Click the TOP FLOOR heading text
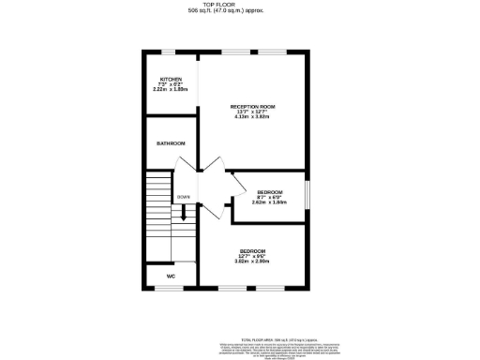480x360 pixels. tap(240, 5)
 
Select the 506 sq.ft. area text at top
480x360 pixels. tap(240, 11)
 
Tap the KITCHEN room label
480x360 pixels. tap(171, 80)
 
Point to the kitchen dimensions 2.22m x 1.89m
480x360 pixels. tap(171, 90)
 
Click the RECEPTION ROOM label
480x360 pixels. tap(252, 107)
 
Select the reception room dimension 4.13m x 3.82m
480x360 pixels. tap(252, 118)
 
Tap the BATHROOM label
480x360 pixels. tap(171, 143)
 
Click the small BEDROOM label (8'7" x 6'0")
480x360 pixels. tap(270, 192)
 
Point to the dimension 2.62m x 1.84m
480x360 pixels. tap(270, 203)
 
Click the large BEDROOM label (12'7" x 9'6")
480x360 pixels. tap(252, 250)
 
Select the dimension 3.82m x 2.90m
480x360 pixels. tap(252, 262)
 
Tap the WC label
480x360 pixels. tap(171, 277)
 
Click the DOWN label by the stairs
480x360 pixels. tap(184, 198)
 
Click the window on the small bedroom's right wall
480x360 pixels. tap(307, 197)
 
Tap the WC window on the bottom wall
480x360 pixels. tap(170, 288)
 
